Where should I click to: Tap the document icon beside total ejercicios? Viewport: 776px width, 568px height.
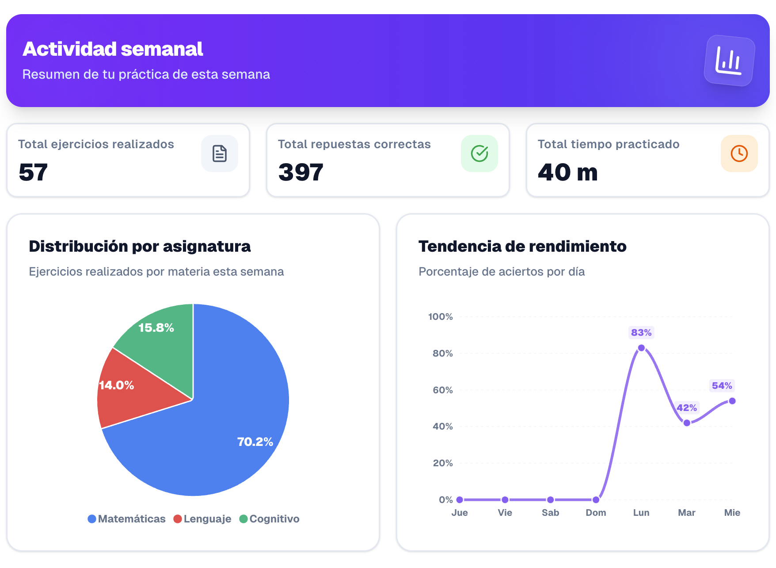point(220,154)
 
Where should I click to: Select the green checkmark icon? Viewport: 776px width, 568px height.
point(479,154)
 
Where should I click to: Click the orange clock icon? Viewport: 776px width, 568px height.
point(739,154)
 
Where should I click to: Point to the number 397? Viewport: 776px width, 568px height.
point(301,172)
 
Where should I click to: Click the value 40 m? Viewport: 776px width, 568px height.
point(567,172)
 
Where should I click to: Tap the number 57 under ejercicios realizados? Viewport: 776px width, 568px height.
point(33,172)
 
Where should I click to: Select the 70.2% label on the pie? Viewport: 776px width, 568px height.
point(255,441)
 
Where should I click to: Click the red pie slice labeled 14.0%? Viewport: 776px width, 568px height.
point(128,394)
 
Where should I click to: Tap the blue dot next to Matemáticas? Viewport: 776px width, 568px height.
point(92,519)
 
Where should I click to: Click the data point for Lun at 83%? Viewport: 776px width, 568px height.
point(641,348)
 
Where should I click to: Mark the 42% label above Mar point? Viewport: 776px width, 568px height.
point(687,407)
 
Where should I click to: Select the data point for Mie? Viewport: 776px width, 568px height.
point(732,401)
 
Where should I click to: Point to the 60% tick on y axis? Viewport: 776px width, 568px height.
point(443,390)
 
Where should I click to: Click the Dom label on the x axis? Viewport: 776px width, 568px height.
point(596,513)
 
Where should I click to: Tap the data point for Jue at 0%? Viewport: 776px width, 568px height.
point(460,500)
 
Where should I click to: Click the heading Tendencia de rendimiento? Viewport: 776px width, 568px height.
point(522,246)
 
